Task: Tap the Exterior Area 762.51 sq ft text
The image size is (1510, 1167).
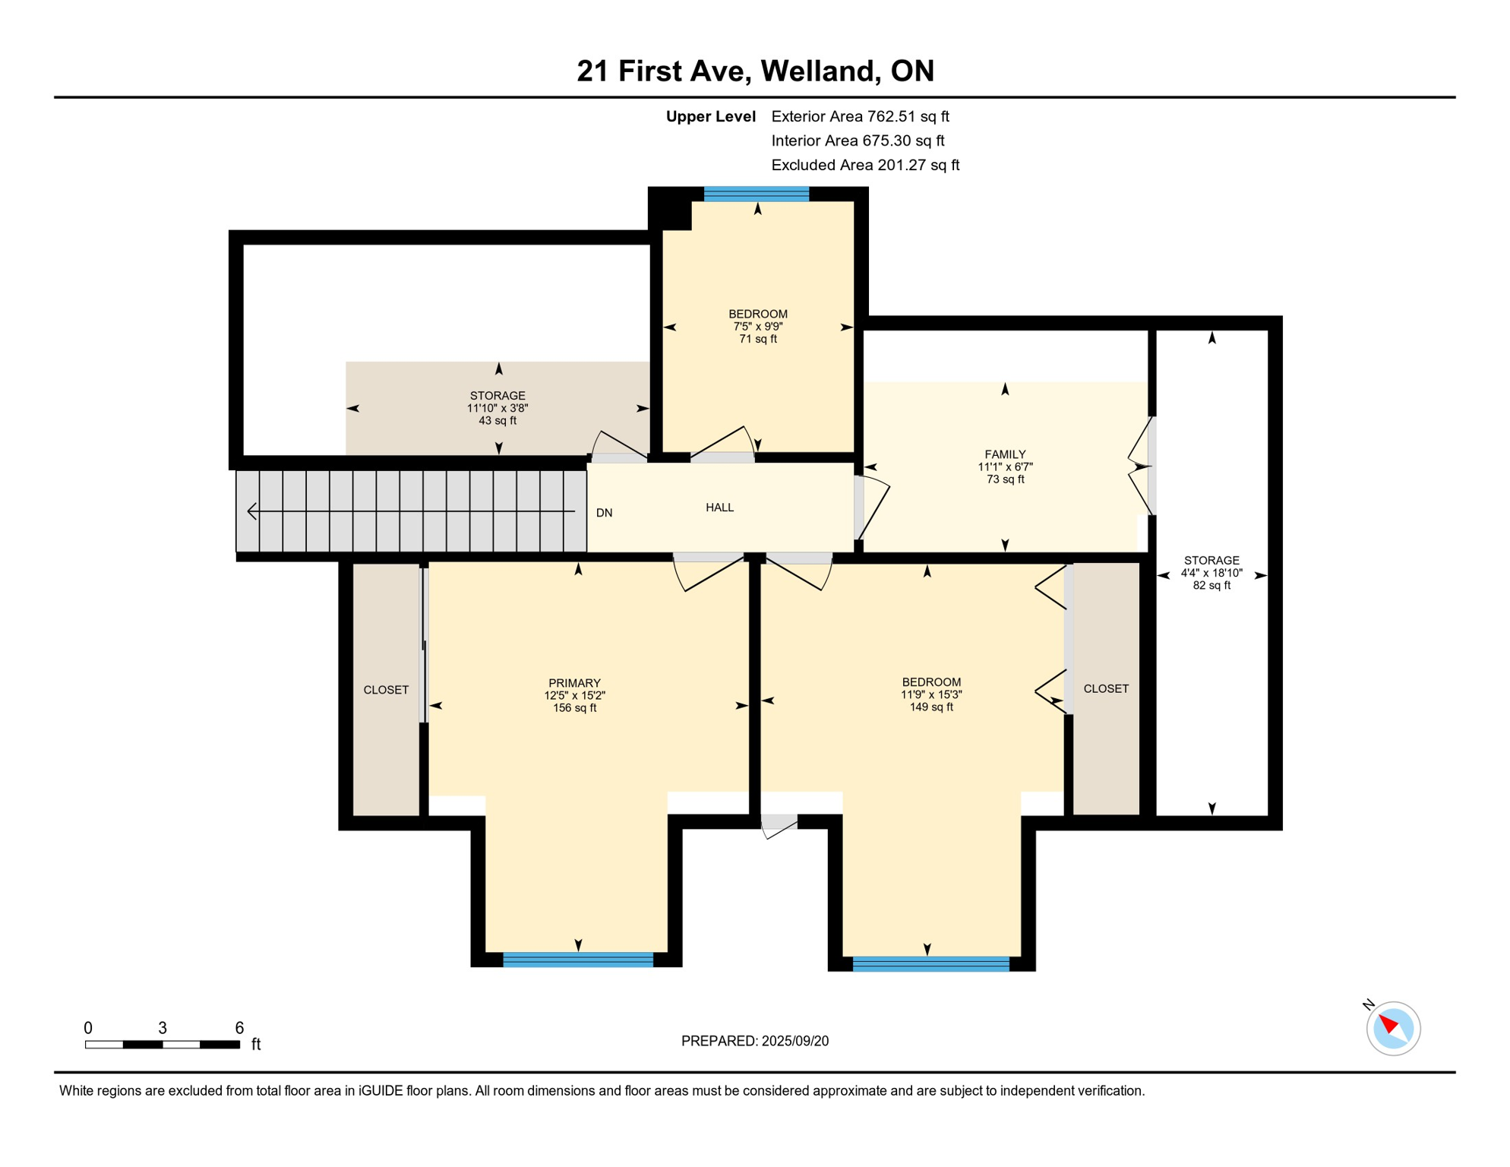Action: [x=860, y=116]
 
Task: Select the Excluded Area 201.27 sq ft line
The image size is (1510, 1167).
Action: [x=864, y=165]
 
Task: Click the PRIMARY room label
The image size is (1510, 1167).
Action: [x=574, y=683]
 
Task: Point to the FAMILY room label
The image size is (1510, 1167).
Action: [x=1005, y=454]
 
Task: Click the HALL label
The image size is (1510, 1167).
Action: [x=719, y=508]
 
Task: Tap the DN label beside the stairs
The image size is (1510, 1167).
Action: [x=604, y=513]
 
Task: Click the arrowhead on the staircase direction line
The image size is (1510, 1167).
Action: [x=252, y=511]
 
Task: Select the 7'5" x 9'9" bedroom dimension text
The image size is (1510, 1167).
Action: [x=757, y=327]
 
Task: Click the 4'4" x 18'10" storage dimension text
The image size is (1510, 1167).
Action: [x=1211, y=573]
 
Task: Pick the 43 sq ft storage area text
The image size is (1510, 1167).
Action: [x=498, y=420]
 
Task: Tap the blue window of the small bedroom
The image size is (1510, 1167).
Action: [x=756, y=194]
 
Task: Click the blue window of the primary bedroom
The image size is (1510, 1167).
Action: [x=577, y=960]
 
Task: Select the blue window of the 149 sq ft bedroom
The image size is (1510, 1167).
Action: [x=930, y=964]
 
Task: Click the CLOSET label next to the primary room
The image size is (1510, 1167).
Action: [x=386, y=690]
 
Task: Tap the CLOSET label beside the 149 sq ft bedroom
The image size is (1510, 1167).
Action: [x=1105, y=688]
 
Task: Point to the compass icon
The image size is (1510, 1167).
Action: [x=1392, y=1028]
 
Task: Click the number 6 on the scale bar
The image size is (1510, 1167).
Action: [x=239, y=1028]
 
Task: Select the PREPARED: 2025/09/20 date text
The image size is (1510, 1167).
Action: [x=754, y=1041]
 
